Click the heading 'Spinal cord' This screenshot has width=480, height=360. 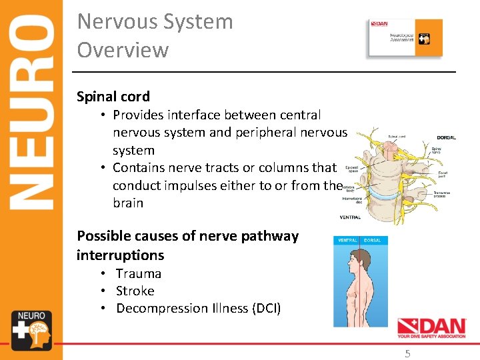tap(113, 97)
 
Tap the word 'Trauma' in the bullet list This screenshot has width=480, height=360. tap(139, 273)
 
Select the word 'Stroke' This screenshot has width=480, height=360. tap(135, 291)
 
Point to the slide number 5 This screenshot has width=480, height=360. tap(408, 354)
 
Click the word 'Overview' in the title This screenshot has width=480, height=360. tap(123, 50)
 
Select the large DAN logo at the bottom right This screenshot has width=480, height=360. tap(431, 327)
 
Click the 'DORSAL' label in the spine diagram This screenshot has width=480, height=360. tap(446, 137)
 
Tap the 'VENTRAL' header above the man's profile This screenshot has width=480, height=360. tap(348, 240)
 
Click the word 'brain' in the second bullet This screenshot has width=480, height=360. tap(128, 203)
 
